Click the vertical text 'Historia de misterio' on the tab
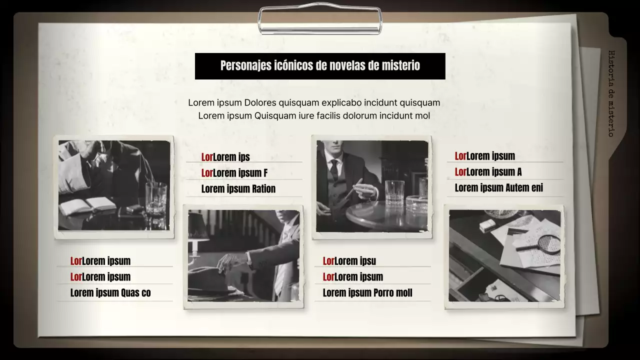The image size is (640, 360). click(611, 93)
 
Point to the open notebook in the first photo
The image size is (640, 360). click(87, 205)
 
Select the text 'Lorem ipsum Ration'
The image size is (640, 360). click(238, 189)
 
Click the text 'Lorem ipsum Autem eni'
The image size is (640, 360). click(498, 188)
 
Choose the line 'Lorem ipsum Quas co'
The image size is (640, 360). click(110, 293)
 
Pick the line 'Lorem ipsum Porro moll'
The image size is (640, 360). click(367, 293)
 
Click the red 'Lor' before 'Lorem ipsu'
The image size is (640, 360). click(328, 261)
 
